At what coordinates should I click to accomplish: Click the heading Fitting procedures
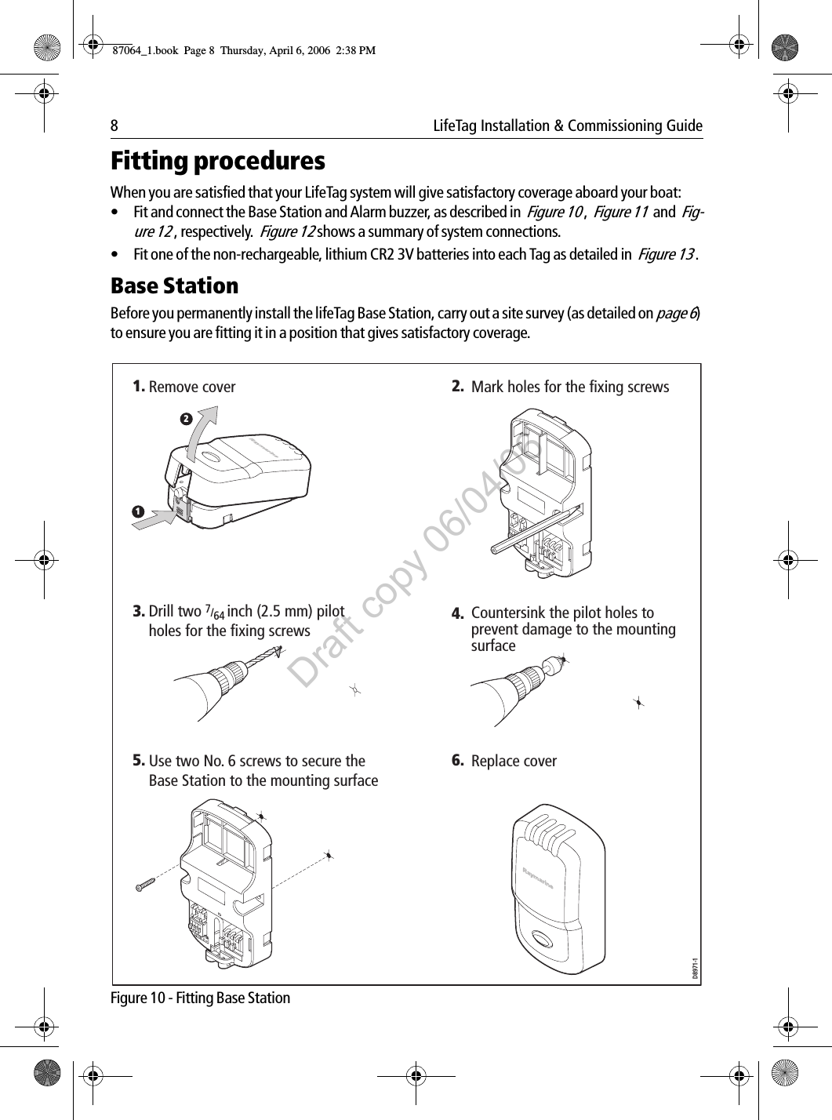217,162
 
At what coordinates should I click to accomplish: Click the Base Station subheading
174,285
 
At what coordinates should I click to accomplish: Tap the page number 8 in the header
114,126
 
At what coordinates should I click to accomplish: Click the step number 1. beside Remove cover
139,386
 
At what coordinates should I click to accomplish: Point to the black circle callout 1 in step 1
138,511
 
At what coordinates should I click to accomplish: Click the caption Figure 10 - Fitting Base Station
201,998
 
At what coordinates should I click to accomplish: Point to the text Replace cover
514,762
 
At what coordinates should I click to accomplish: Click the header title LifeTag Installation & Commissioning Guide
568,126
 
